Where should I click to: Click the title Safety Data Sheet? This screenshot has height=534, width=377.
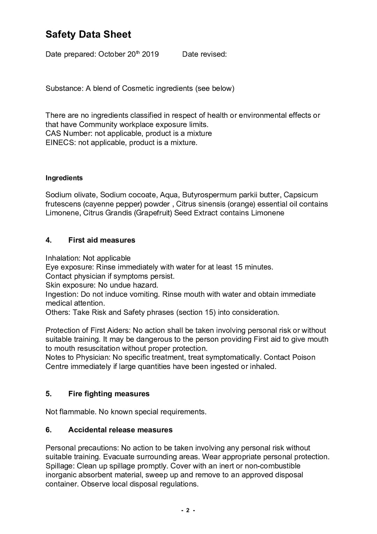coord(88,34)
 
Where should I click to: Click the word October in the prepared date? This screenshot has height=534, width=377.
coord(112,54)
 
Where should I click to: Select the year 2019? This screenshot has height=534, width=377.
coord(150,54)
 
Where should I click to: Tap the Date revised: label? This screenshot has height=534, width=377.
coord(204,54)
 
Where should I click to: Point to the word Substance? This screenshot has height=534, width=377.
coord(65,88)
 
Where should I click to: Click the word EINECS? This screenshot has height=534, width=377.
coord(61,143)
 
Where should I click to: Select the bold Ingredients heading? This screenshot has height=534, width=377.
coord(64,178)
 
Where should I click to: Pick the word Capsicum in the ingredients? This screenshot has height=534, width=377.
coord(301,195)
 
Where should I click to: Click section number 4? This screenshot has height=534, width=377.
coord(49,240)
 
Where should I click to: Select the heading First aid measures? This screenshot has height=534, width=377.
coord(102,240)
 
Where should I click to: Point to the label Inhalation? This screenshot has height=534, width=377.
coord(63,258)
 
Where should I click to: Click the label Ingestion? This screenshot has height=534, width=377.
coord(62,294)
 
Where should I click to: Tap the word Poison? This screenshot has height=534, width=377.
coord(304,357)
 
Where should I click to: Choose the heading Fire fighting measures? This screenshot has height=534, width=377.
coord(109,394)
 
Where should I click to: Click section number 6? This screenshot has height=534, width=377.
coord(49,430)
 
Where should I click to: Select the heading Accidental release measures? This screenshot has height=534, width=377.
coord(120,430)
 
